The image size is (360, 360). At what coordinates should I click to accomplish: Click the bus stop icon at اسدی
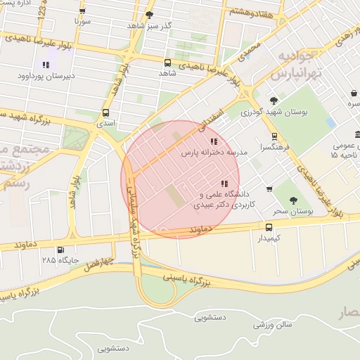pos(105,112)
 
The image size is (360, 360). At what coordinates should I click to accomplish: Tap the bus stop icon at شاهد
pos(167,63)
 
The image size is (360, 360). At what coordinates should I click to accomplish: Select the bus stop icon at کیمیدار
pos(269,227)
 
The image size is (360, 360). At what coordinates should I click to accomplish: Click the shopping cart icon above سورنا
pos(83,11)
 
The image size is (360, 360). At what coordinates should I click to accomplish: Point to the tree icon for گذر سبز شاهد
pos(148,15)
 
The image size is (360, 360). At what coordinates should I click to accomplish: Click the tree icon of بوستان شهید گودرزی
pos(274,101)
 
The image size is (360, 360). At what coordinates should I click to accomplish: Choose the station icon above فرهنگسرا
pos(274,137)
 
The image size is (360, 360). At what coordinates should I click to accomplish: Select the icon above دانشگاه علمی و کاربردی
pos(224,184)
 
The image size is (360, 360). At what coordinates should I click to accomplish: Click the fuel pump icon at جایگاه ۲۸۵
pos(60,250)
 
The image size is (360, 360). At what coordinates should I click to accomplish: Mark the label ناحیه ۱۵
pos(346,154)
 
